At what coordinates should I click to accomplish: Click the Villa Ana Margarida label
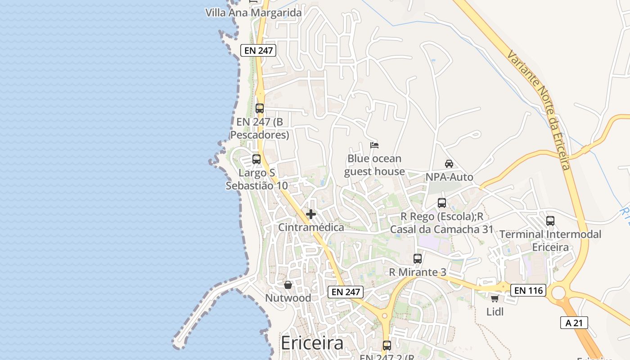click(253, 13)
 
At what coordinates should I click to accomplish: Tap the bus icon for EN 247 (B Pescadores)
click(260, 108)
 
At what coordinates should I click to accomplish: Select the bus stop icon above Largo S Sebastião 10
click(256, 159)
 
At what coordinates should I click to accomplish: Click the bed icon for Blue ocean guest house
click(374, 145)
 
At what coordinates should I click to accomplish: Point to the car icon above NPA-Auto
click(449, 164)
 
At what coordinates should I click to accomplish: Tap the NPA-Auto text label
click(450, 177)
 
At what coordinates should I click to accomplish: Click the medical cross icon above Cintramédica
click(311, 214)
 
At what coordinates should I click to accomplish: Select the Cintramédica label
click(311, 227)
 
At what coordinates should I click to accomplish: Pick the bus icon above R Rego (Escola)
click(442, 203)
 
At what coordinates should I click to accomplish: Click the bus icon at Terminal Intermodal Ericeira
click(550, 221)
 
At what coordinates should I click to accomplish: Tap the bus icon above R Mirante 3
click(418, 259)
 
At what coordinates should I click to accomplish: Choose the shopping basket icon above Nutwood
click(288, 285)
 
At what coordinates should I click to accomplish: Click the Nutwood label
click(288, 298)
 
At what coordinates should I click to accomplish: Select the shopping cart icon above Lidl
click(495, 298)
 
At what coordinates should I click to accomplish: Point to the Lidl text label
click(495, 312)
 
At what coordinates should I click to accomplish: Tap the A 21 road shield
click(574, 323)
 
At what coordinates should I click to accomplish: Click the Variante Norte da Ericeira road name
click(539, 110)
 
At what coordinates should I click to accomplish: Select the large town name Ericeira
click(312, 343)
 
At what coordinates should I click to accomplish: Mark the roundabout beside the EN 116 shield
click(558, 293)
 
